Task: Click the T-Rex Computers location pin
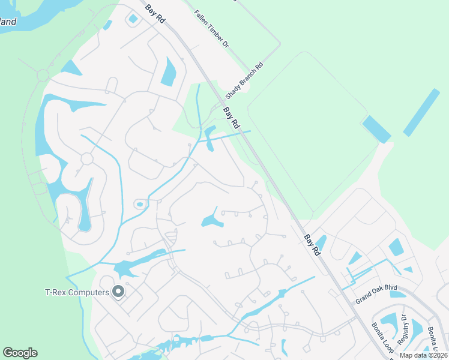118,292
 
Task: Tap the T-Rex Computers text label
77,293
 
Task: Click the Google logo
20,353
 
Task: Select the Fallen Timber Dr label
212,29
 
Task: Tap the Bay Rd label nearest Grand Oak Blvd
312,245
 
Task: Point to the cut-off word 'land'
8,22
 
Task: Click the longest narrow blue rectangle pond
421,112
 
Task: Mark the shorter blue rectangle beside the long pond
377,129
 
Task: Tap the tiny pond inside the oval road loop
139,205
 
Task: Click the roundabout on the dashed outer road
43,76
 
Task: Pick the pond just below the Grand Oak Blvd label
398,293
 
